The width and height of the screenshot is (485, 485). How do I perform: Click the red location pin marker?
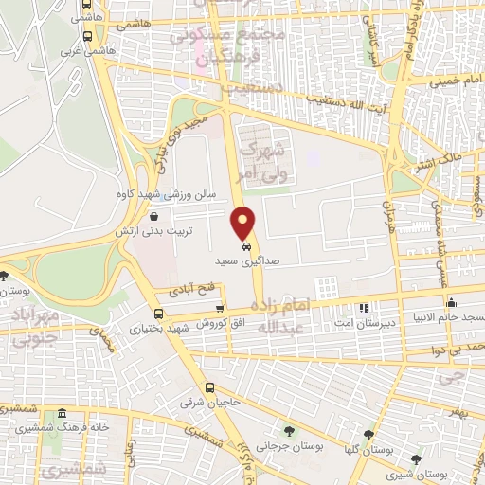pos(244,223)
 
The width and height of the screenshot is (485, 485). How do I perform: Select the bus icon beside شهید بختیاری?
pos(157,314)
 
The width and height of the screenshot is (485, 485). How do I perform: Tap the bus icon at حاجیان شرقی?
pos(209,388)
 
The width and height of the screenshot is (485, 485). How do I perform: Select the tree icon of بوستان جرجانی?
pos(289,431)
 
